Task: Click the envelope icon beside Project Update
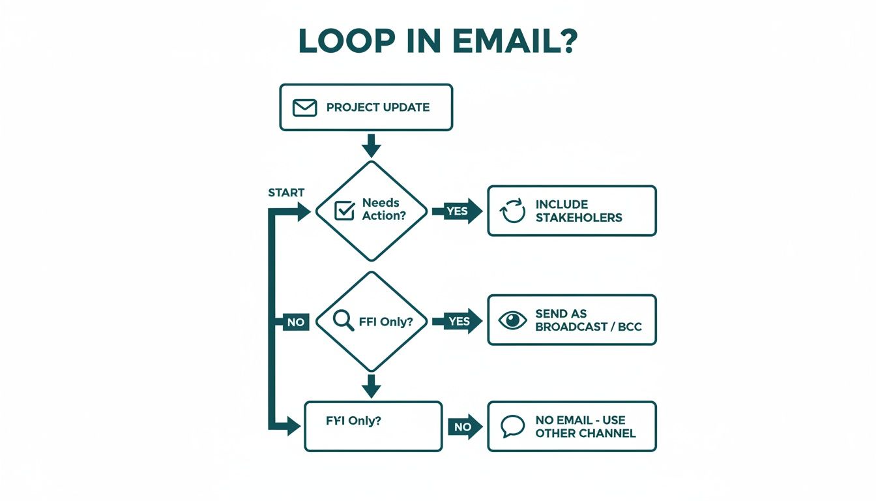point(304,108)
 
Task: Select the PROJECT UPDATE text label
point(378,108)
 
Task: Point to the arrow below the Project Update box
point(371,145)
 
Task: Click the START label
point(286,192)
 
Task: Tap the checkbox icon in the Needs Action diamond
point(343,211)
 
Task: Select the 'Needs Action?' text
point(384,209)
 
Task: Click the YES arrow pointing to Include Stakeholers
point(463,211)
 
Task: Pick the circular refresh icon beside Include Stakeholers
point(512,211)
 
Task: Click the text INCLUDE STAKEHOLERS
point(579,211)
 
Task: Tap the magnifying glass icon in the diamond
point(343,320)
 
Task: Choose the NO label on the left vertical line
point(295,322)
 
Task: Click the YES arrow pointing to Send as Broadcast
point(463,321)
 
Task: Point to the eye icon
point(512,320)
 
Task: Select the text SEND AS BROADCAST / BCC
point(588,320)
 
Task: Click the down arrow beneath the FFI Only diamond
point(371,386)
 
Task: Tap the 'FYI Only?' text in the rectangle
point(353,421)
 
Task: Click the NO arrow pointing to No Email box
point(465,427)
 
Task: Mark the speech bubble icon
point(512,427)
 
